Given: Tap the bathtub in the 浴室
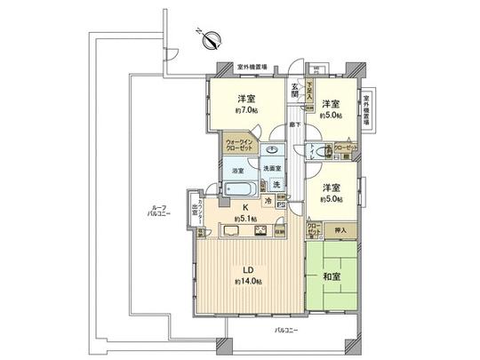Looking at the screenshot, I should coord(239,188).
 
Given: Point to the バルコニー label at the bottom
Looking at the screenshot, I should coord(286,330).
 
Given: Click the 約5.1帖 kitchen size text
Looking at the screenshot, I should coord(245,219).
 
